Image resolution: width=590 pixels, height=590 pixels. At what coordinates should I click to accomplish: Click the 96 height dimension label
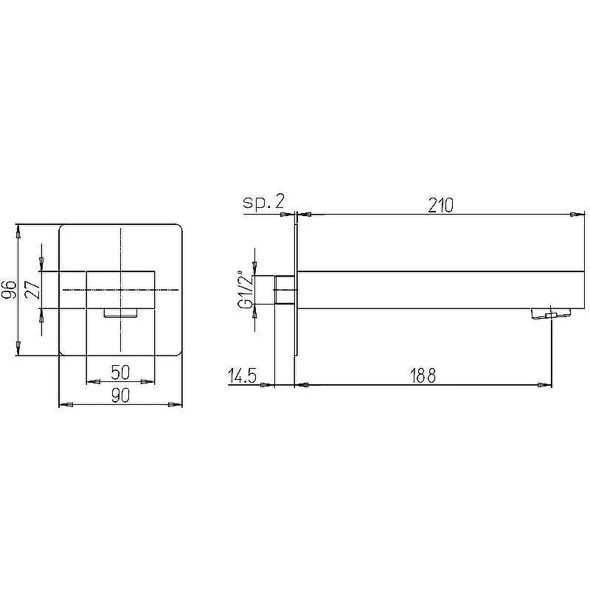[x=9, y=289]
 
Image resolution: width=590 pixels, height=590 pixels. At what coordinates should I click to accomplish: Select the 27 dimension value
[x=32, y=290]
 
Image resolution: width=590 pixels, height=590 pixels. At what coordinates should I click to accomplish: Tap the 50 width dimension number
[x=120, y=372]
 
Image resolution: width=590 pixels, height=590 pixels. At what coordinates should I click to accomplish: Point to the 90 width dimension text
[x=120, y=395]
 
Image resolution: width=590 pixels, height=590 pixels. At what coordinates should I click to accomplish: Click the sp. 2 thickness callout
[x=263, y=202]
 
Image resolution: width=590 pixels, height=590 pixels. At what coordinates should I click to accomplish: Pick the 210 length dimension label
[x=440, y=206]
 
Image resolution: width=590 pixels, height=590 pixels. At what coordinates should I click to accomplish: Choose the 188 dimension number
[x=423, y=375]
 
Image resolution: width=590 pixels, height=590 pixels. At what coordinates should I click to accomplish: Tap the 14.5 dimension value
[x=243, y=375]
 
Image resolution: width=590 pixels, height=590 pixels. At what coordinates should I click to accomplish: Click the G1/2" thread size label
[x=246, y=289]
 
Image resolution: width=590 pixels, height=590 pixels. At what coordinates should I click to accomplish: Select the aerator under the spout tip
[x=551, y=313]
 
